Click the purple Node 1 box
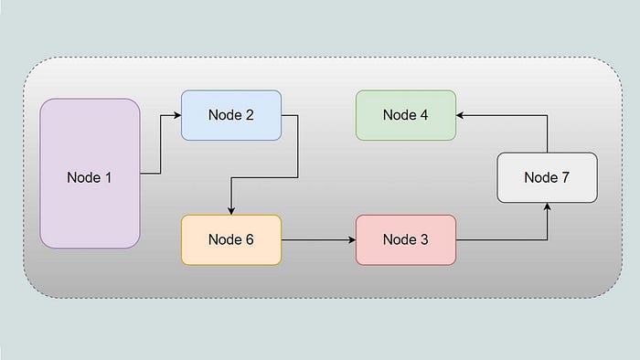(x=90, y=174)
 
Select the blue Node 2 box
(x=231, y=115)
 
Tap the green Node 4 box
(x=406, y=115)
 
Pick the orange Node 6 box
(x=231, y=239)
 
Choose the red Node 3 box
(x=406, y=239)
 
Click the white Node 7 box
(x=548, y=177)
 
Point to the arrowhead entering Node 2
(x=177, y=115)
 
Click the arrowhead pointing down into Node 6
(x=231, y=210)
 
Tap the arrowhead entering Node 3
(x=352, y=239)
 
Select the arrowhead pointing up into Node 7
(x=548, y=206)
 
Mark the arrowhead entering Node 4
(x=460, y=115)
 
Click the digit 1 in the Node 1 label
(x=108, y=177)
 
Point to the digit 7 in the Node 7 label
(x=565, y=177)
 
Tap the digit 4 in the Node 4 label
(x=424, y=115)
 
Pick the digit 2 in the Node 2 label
(x=250, y=115)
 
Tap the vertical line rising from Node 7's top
(x=548, y=134)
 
